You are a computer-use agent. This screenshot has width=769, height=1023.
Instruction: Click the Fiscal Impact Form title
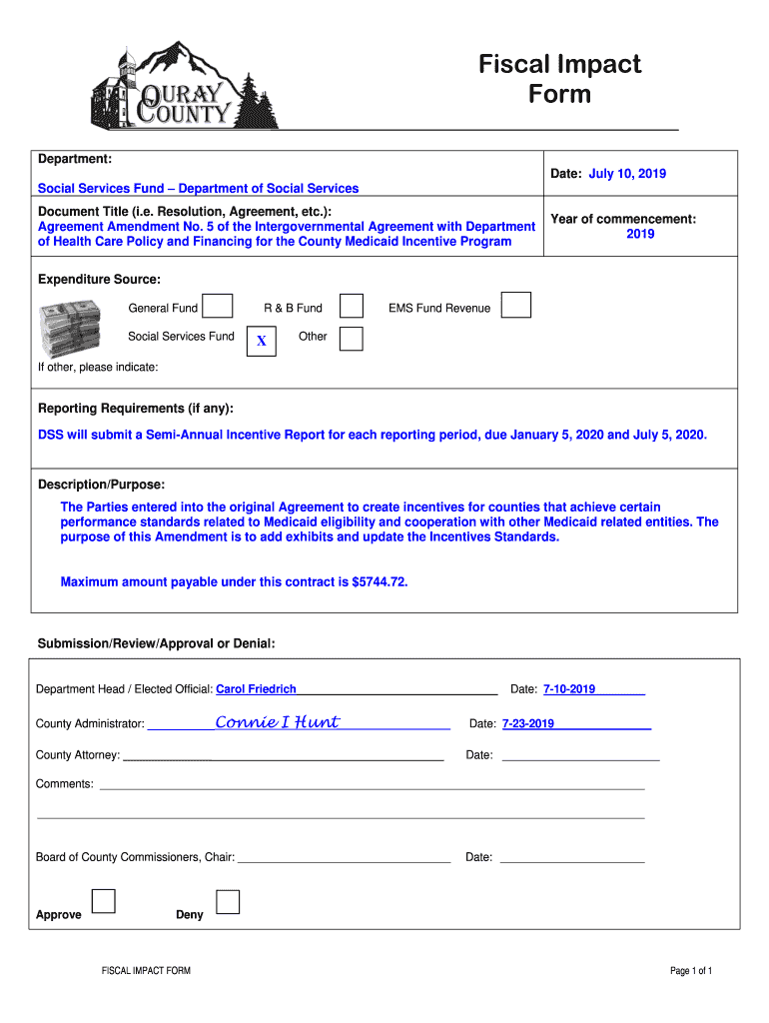559,79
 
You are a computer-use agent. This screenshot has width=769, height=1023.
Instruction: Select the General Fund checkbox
221,306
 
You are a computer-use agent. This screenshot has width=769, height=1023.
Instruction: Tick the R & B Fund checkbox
352,306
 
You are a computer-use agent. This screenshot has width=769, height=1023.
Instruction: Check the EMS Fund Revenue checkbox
515,305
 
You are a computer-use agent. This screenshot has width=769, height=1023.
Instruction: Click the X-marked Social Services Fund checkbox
262,341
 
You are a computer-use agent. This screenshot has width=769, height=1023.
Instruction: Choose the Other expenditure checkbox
352,339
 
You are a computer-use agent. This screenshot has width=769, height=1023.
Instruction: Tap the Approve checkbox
103,901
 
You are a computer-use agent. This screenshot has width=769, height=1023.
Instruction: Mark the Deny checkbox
228,902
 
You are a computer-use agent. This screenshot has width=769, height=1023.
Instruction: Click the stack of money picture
71,328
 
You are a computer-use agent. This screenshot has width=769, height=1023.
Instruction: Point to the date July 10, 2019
627,174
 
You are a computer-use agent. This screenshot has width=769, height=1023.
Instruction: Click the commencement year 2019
640,234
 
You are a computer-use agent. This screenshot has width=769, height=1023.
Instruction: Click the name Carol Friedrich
257,689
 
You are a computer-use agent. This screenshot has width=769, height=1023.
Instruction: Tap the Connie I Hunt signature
278,721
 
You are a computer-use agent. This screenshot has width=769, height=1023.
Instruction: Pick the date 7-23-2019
528,723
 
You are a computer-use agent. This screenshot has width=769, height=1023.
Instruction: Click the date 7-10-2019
569,689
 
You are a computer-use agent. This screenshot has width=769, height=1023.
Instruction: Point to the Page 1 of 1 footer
691,971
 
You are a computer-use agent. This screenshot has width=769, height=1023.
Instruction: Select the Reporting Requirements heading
136,409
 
